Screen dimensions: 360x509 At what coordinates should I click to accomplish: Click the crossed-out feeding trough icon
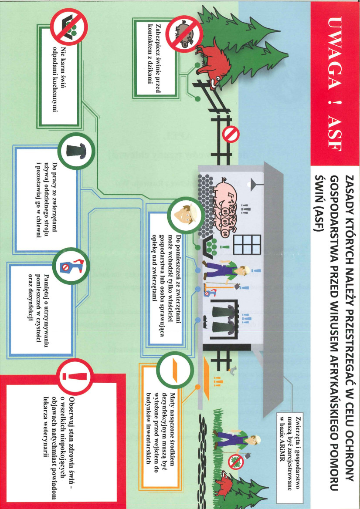pyautogui.click(x=69, y=27)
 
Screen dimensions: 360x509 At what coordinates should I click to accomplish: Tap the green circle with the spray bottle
pyautogui.click(x=71, y=266)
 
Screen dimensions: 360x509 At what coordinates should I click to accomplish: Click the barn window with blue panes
pyautogui.click(x=247, y=244)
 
